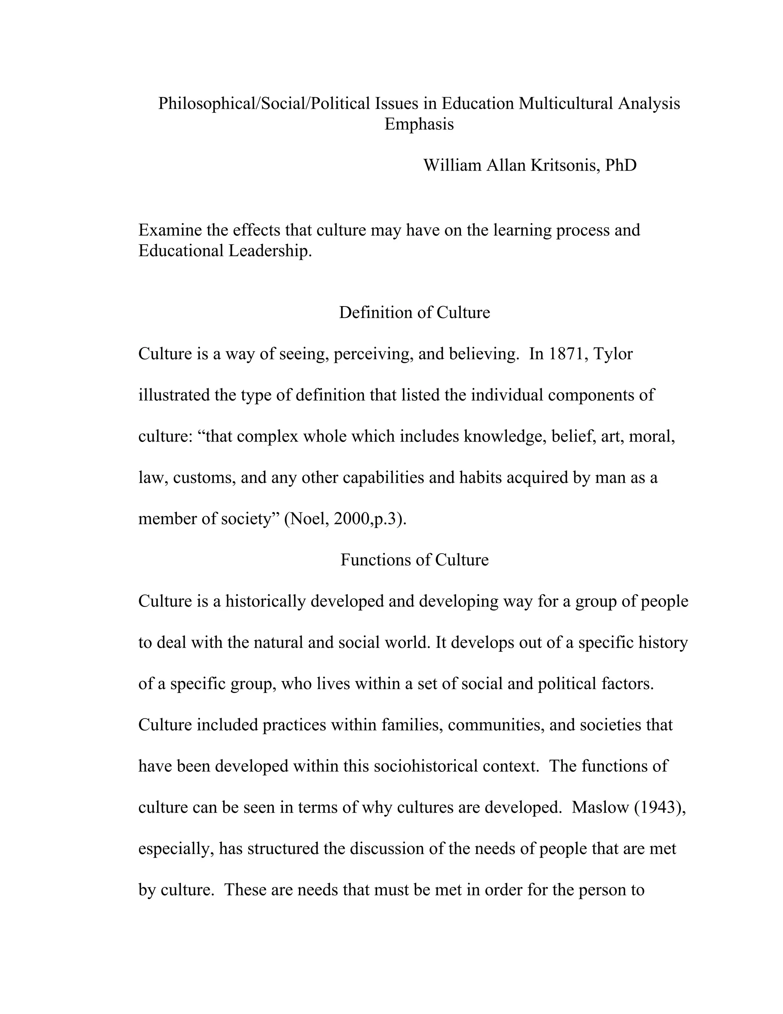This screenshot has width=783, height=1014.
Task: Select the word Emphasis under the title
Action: tap(419, 124)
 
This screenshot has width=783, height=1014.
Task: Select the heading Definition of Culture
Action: tap(414, 313)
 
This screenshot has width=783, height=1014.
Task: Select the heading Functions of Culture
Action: tap(414, 560)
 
